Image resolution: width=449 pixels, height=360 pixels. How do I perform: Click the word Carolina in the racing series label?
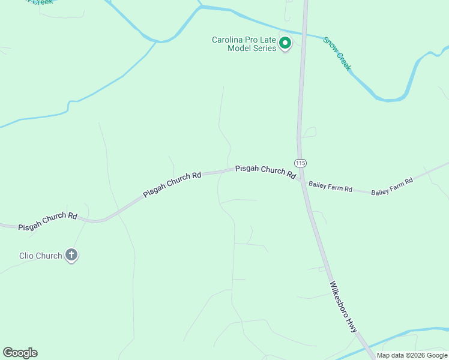(x=227, y=40)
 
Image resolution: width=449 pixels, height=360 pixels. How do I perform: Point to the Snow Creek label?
(x=337, y=53)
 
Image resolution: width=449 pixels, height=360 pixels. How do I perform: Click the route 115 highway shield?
(x=301, y=163)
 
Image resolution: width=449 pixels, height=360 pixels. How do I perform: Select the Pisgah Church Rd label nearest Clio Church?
(x=48, y=221)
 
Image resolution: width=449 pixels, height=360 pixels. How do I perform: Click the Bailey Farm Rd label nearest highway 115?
(x=330, y=187)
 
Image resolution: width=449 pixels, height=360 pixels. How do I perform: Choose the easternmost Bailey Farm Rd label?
(x=392, y=186)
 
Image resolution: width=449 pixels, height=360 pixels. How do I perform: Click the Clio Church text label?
(x=40, y=256)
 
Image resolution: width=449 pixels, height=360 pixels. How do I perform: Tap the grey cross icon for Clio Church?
(x=71, y=256)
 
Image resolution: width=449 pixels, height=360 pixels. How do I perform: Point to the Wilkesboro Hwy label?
(x=343, y=307)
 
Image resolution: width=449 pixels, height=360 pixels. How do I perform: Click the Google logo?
(x=20, y=353)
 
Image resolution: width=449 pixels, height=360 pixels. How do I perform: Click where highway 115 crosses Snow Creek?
(x=304, y=34)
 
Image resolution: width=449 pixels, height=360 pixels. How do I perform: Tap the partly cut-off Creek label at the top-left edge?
(x=42, y=2)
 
